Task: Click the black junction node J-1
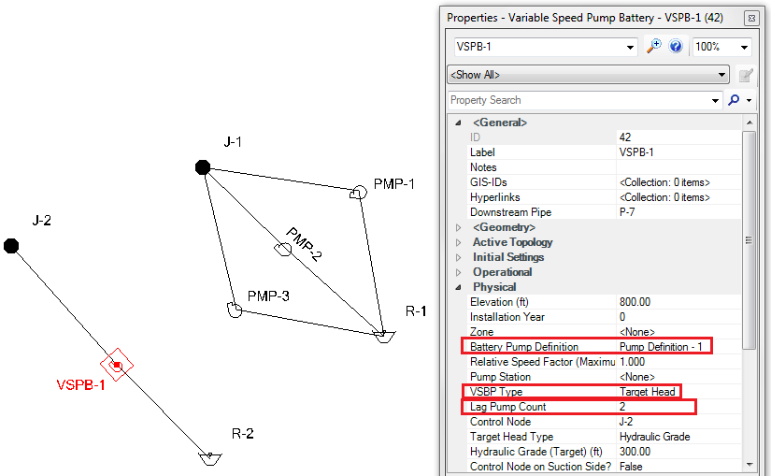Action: pyautogui.click(x=202, y=167)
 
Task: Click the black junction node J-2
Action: pyautogui.click(x=11, y=246)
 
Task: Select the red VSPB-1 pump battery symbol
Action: pyautogui.click(x=117, y=366)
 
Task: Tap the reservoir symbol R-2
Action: pyautogui.click(x=210, y=458)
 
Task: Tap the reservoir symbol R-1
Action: pyautogui.click(x=383, y=335)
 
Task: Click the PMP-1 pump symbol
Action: pyautogui.click(x=356, y=193)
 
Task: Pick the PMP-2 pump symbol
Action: pyautogui.click(x=281, y=249)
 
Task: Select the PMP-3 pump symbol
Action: pyautogui.click(x=235, y=309)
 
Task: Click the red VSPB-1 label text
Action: pyautogui.click(x=80, y=385)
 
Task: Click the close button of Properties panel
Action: pyautogui.click(x=750, y=18)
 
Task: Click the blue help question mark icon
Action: pyautogui.click(x=676, y=47)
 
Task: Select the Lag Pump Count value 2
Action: pyautogui.click(x=623, y=407)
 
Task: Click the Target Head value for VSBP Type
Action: pyautogui.click(x=648, y=392)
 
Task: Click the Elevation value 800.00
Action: pyautogui.click(x=635, y=302)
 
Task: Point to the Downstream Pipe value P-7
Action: pyautogui.click(x=627, y=212)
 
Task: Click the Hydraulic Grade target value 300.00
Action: pyautogui.click(x=635, y=452)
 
